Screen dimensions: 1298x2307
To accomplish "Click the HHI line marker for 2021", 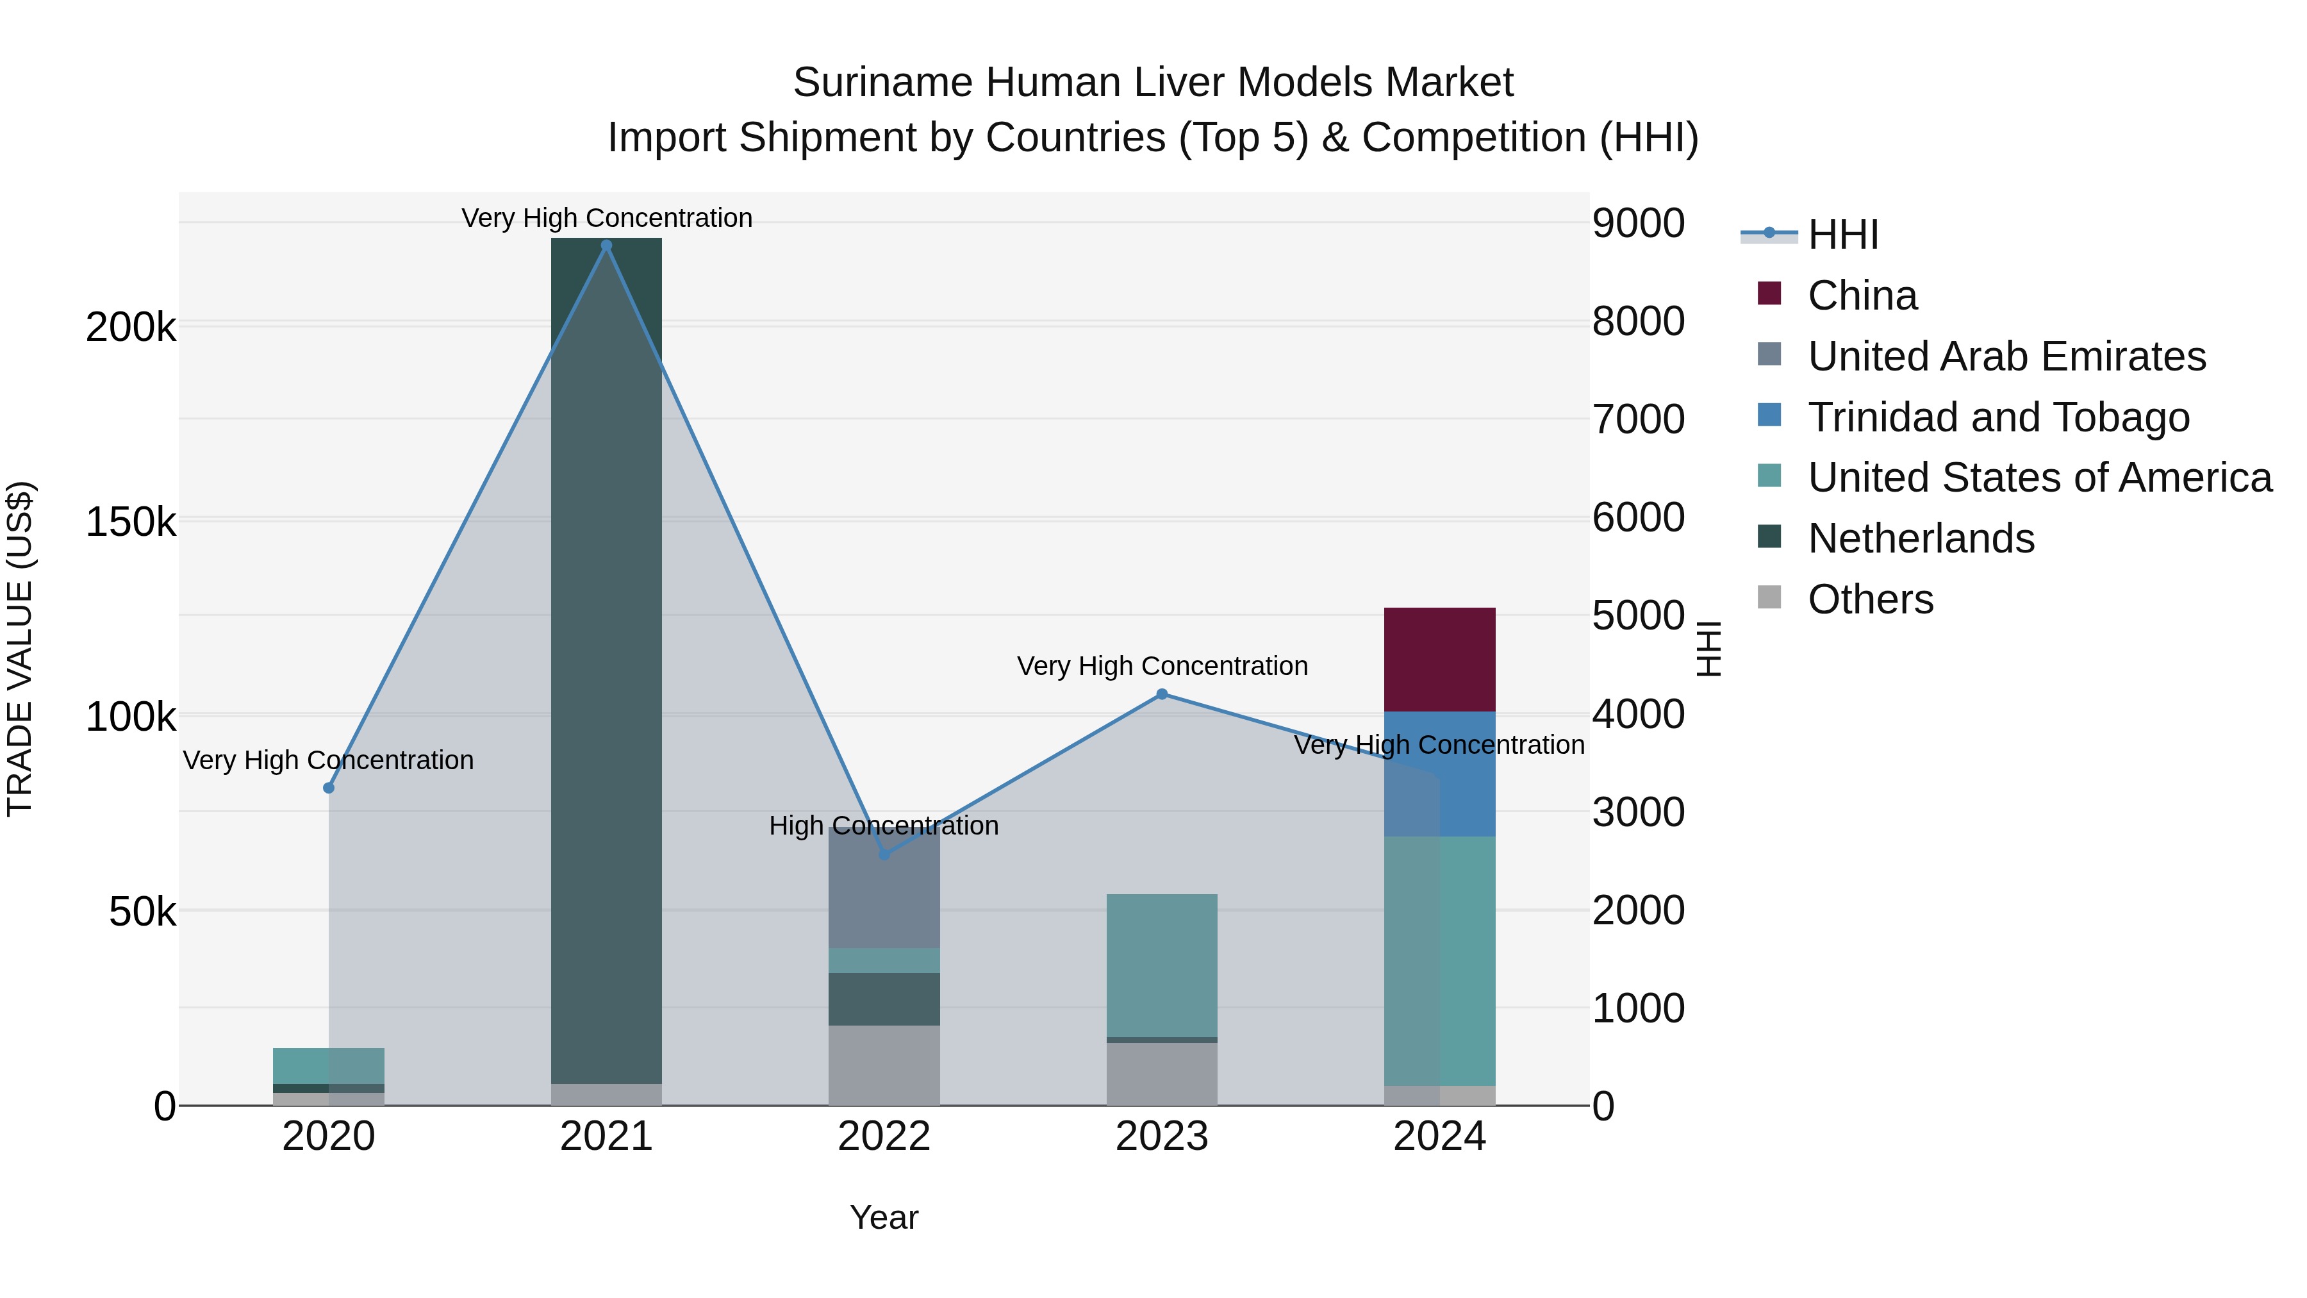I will pos(606,245).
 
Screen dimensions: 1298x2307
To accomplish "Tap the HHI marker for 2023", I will pos(1162,694).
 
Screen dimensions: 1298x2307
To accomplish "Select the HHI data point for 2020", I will pos(329,788).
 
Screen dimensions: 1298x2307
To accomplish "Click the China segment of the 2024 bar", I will pos(1439,660).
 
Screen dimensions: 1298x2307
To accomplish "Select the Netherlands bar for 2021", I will pos(606,661).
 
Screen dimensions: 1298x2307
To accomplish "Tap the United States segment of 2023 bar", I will pos(1162,966).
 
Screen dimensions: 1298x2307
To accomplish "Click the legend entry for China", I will pos(1862,295).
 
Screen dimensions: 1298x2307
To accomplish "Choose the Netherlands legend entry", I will pos(1920,538).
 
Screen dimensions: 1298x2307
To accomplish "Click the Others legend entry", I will pos(1870,599).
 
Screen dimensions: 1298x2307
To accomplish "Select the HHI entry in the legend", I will pos(1842,235).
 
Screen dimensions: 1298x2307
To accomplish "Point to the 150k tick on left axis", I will pos(131,521).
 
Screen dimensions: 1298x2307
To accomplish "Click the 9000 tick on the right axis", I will pos(1638,223).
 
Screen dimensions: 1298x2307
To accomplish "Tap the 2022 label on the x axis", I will pos(884,1136).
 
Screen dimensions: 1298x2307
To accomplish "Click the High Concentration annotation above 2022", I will pos(884,826).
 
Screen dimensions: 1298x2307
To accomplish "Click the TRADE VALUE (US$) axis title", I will pos(20,649).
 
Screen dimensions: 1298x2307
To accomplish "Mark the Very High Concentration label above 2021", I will pos(606,219).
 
